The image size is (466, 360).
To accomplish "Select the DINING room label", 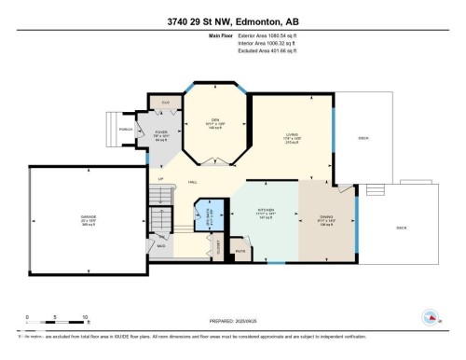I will coord(326,219).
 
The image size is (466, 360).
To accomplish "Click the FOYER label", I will coord(160,133).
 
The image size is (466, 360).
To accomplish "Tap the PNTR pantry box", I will coord(240,250).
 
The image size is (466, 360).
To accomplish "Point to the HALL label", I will coord(192,181).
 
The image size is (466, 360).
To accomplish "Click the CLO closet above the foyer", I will coord(165,101).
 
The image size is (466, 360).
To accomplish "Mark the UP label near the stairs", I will coord(160,178).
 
